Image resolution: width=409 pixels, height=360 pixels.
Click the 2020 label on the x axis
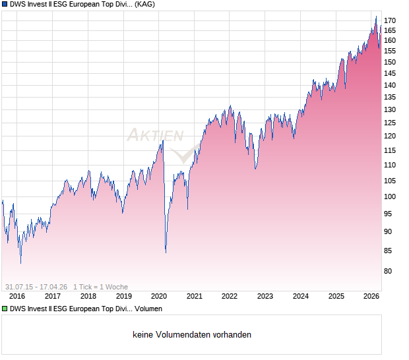pyautogui.click(x=159, y=296)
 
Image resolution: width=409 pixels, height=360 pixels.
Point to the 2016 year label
pyautogui.click(x=16, y=296)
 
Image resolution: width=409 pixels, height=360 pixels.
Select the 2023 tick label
pyautogui.click(x=265, y=296)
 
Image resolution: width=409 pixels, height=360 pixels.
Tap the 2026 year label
pyautogui.click(x=371, y=296)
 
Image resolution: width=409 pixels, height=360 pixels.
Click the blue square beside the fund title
pyautogui.click(x=5, y=5)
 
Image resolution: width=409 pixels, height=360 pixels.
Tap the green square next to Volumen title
pyautogui.click(x=5, y=309)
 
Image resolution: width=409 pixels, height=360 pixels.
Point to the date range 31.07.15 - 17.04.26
pyautogui.click(x=36, y=287)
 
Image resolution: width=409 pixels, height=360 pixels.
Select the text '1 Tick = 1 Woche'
pyautogui.click(x=100, y=287)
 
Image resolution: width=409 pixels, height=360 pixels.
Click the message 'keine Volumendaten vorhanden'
pyautogui.click(x=192, y=335)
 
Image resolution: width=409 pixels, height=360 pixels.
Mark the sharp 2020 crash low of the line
pyautogui.click(x=166, y=252)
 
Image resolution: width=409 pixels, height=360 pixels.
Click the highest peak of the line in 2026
pyautogui.click(x=376, y=16)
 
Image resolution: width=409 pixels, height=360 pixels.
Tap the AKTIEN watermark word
pyautogui.click(x=155, y=136)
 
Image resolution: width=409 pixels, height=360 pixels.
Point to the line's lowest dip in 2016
pyautogui.click(x=20, y=263)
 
